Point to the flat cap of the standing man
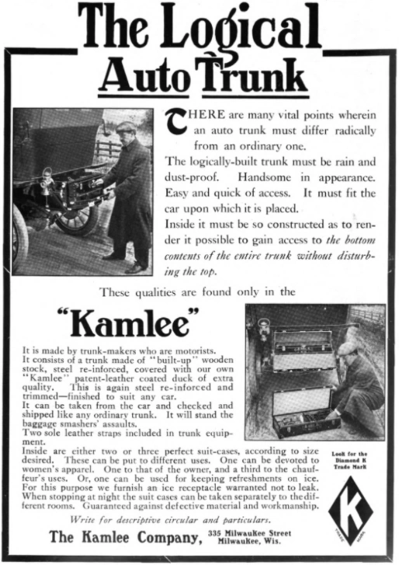(124, 127)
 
